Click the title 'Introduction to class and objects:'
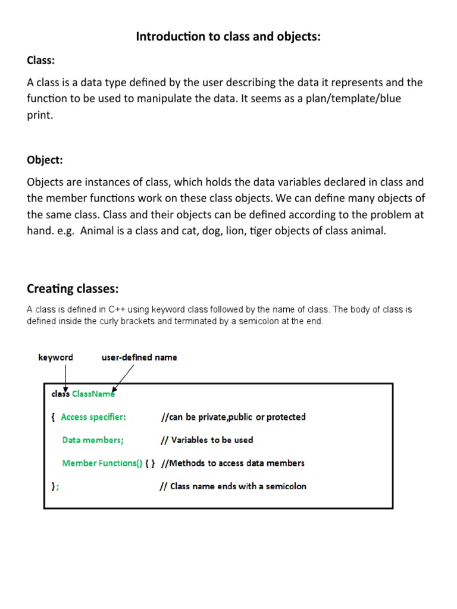click(x=228, y=37)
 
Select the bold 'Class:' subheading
click(x=41, y=60)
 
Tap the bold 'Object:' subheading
click(x=45, y=160)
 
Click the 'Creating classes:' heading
click(x=73, y=289)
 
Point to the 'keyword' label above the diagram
click(x=56, y=357)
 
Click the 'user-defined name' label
click(x=139, y=357)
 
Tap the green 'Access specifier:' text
click(x=93, y=417)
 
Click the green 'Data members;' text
click(x=93, y=440)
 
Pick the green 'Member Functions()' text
click(x=102, y=463)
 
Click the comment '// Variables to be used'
click(x=206, y=440)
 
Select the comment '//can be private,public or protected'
click(x=233, y=417)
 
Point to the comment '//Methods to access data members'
click(x=233, y=463)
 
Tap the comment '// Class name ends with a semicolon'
click(x=233, y=486)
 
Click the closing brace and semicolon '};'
click(x=55, y=486)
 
